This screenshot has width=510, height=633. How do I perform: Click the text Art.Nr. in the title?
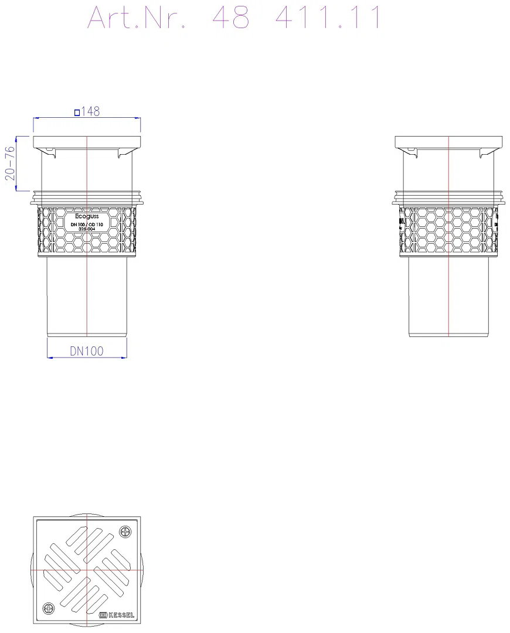(137, 18)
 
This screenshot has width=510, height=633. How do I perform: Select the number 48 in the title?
(231, 18)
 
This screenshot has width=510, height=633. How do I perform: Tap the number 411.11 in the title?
(328, 18)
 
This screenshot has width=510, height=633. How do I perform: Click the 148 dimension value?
(90, 111)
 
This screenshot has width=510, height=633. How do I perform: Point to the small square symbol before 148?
(77, 113)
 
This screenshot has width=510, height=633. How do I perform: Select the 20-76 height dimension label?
(10, 163)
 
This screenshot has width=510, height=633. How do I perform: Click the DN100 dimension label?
(87, 351)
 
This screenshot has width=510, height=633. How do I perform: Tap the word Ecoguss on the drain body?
(87, 217)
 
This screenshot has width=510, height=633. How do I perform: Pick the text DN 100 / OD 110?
(87, 224)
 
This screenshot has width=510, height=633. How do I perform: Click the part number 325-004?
(87, 229)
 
